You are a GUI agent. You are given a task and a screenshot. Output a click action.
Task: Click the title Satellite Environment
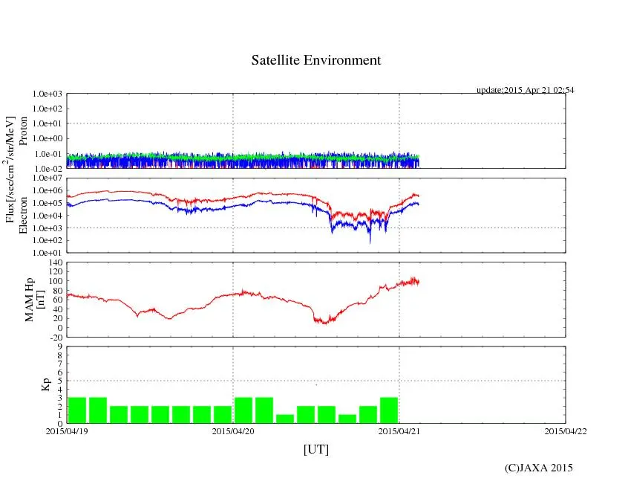coord(316,60)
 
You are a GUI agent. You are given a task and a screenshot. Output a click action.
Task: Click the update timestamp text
coord(525,90)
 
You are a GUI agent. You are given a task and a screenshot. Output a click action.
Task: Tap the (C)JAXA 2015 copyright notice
coord(538,468)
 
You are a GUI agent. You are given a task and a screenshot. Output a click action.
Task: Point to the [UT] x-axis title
coord(315,449)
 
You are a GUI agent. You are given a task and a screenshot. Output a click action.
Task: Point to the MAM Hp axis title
coord(34,294)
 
